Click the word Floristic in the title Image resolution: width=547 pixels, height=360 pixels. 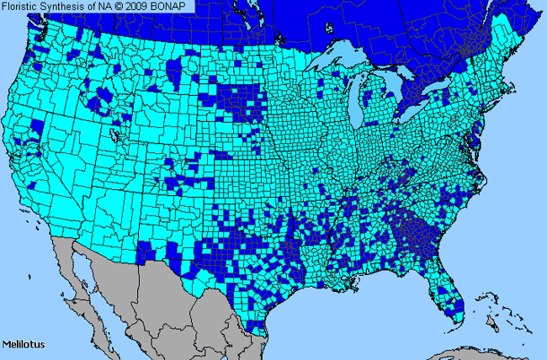(23, 6)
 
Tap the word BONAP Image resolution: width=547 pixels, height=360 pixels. (177, 6)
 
